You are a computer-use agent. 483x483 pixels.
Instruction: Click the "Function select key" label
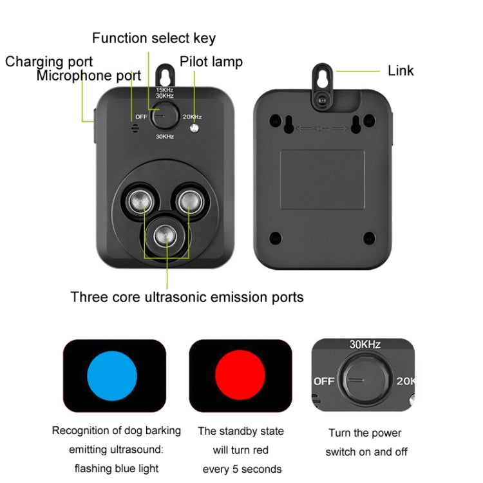click(153, 38)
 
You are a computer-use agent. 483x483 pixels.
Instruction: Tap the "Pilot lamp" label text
click(211, 62)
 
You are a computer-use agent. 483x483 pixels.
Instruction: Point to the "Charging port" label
click(49, 62)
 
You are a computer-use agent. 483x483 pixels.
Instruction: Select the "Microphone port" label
click(88, 76)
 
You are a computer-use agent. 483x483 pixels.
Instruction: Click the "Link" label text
click(401, 71)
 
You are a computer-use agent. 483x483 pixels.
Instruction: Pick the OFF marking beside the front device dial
click(142, 117)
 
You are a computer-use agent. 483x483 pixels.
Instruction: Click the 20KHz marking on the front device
click(192, 117)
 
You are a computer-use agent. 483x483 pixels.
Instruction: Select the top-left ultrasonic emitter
click(138, 202)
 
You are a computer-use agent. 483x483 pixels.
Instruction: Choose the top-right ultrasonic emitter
click(191, 202)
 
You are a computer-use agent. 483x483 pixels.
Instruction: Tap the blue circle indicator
click(112, 376)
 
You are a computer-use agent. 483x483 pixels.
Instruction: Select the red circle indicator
click(240, 376)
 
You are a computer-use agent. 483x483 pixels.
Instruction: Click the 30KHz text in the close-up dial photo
click(365, 345)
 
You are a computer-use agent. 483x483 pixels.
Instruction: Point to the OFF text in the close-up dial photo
click(324, 381)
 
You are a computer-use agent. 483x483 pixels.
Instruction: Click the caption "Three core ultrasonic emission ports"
click(187, 297)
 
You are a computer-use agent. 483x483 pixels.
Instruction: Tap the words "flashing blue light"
click(116, 468)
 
